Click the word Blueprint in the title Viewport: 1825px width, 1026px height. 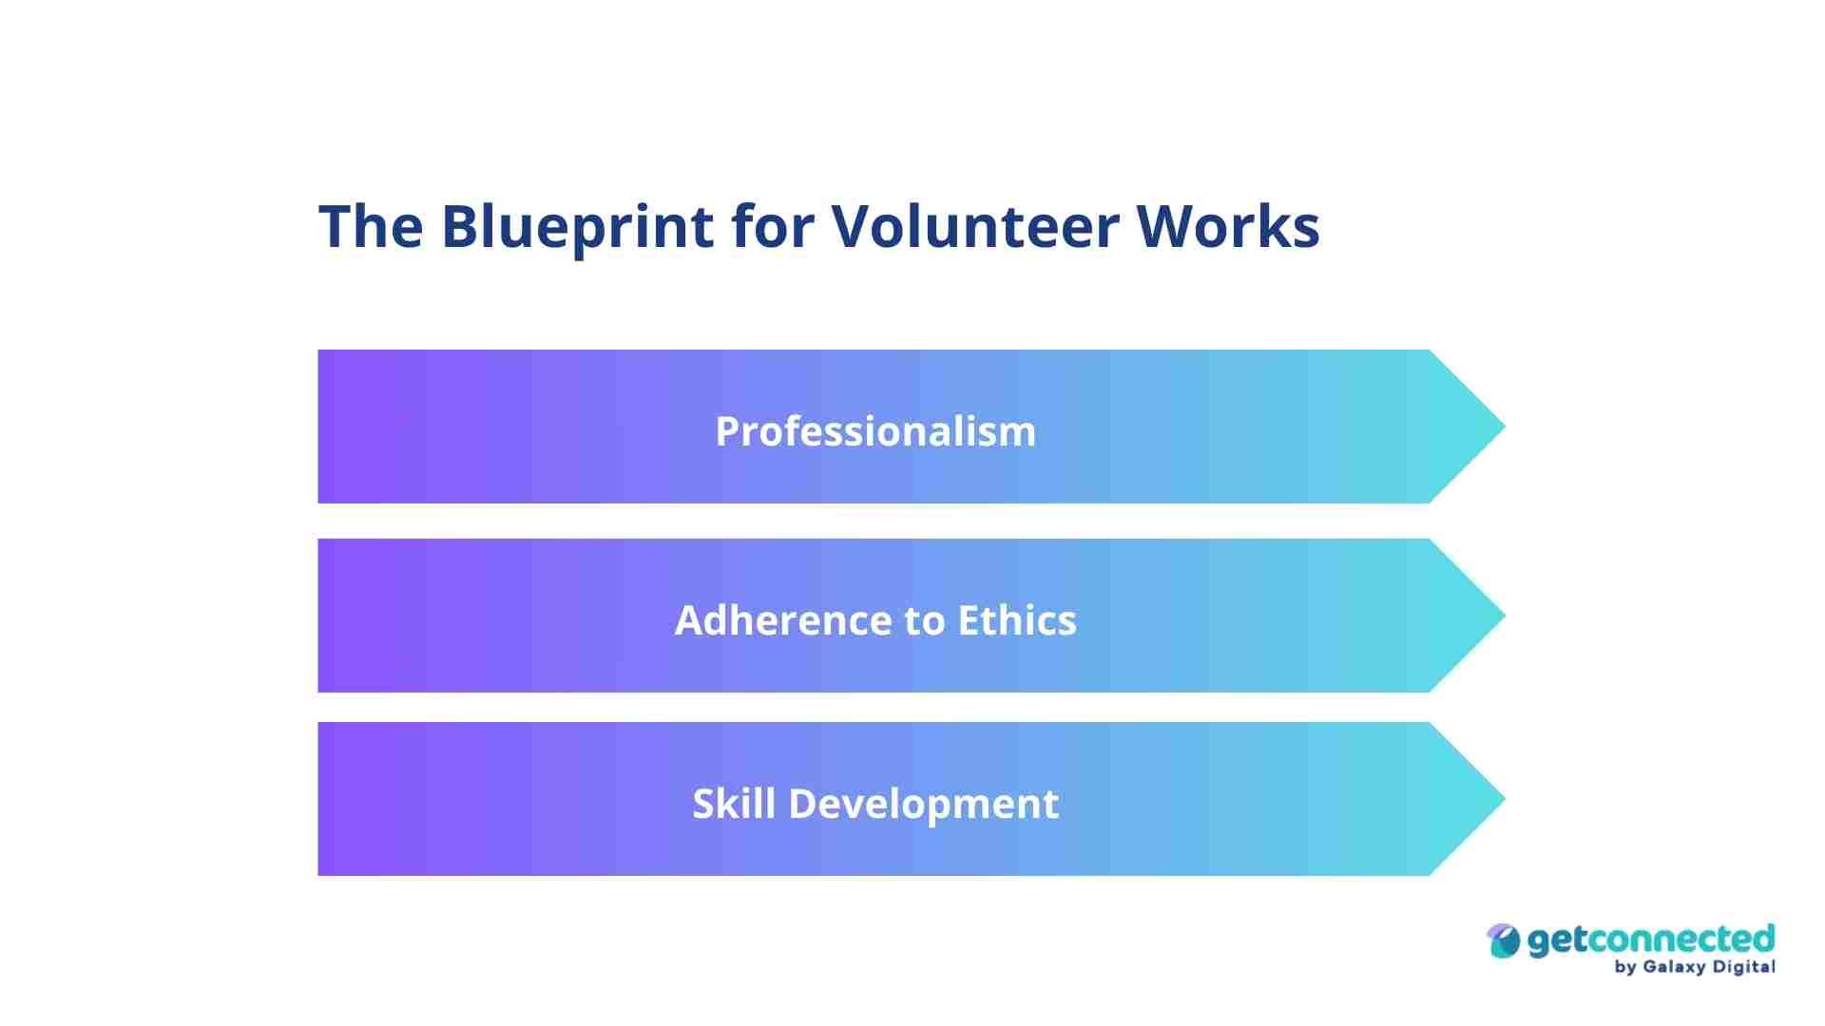click(577, 227)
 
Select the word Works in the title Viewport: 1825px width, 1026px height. click(1227, 227)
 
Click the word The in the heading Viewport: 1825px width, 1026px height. click(371, 227)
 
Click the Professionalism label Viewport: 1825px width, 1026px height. click(875, 431)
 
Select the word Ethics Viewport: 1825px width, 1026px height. click(1016, 620)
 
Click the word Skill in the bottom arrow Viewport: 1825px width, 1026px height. click(733, 804)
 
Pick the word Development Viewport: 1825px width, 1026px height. click(923, 804)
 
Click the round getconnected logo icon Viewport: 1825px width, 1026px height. click(1504, 941)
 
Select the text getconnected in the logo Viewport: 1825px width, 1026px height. click(1651, 940)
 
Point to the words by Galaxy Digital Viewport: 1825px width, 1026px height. click(1694, 967)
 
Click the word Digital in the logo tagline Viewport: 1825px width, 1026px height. click(1743, 967)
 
